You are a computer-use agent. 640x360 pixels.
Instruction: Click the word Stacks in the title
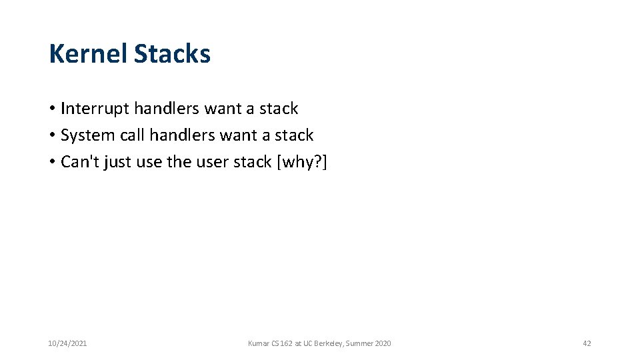tap(172, 54)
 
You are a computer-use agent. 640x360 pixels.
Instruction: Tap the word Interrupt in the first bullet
tap(95, 109)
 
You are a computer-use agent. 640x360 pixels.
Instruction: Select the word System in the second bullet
tap(87, 135)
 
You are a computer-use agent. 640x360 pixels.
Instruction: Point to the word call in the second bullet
tap(132, 135)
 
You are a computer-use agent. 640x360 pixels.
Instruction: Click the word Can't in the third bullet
tap(79, 162)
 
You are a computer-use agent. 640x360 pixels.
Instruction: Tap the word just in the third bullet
tap(115, 162)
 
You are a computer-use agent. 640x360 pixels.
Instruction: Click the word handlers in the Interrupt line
tap(167, 109)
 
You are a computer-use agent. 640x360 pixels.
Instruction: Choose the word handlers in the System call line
tap(183, 135)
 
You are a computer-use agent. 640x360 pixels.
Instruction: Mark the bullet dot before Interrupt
tap(52, 109)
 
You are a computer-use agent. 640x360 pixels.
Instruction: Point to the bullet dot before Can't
tap(52, 162)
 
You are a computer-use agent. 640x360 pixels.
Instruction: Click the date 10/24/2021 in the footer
tap(67, 343)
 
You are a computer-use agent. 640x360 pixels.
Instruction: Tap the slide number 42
tap(587, 343)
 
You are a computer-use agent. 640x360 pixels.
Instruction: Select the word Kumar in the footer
tap(258, 343)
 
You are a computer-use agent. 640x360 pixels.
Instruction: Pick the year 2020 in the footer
tap(383, 343)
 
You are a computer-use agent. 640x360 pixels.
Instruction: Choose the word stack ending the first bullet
tap(279, 109)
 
